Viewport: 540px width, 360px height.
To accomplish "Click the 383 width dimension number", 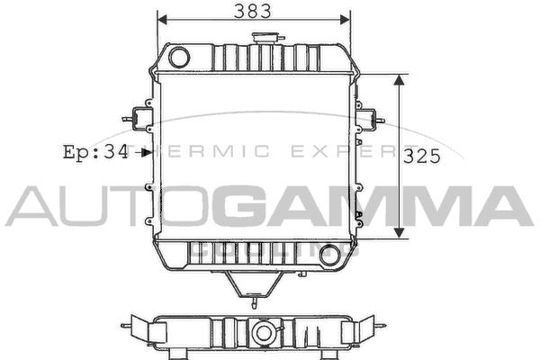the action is pyautogui.click(x=252, y=11).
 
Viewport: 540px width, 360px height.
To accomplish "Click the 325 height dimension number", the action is pyautogui.click(x=422, y=156).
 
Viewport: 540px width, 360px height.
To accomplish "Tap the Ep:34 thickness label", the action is pyautogui.click(x=95, y=152).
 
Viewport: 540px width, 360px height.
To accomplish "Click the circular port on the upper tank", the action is pyautogui.click(x=179, y=58).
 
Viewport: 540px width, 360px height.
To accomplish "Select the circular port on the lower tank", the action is pyautogui.click(x=330, y=255).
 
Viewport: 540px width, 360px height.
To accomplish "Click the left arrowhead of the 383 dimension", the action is pyautogui.click(x=162, y=20).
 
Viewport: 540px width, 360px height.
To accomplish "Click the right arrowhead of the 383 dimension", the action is pyautogui.click(x=345, y=20).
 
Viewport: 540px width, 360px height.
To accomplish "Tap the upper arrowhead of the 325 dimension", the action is pyautogui.click(x=399, y=80).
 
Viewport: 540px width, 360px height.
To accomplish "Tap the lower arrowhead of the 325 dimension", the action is pyautogui.click(x=399, y=232).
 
